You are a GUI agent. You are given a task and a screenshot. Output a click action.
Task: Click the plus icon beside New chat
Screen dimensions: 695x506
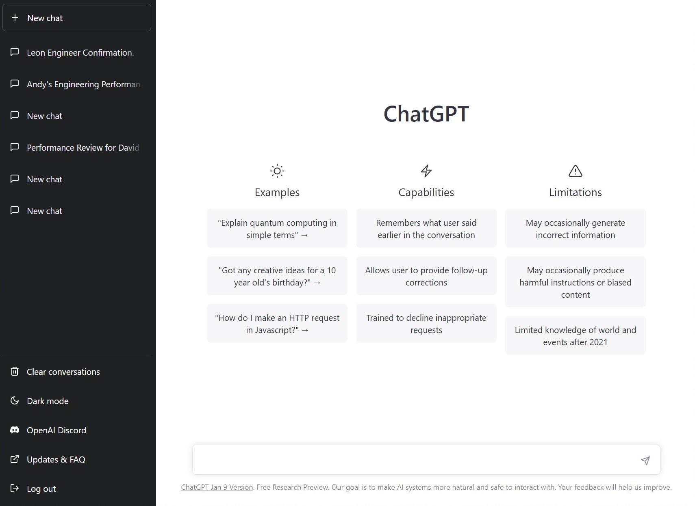(15, 17)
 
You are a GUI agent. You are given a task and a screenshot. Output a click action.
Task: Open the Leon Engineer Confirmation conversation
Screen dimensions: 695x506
(80, 53)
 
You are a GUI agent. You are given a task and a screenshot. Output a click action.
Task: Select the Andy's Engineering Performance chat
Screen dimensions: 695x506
(83, 84)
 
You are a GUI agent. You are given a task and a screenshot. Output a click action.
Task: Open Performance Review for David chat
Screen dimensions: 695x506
(83, 148)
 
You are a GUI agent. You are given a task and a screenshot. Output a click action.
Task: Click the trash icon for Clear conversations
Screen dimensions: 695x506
(15, 372)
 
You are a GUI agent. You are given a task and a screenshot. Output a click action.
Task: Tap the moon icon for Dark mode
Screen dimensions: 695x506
(15, 401)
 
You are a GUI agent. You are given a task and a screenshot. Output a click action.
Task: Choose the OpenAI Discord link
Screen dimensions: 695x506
(56, 430)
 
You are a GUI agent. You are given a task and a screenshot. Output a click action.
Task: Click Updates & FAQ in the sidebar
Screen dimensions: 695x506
(56, 459)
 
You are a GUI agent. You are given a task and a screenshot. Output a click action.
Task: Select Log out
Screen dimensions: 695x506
(41, 489)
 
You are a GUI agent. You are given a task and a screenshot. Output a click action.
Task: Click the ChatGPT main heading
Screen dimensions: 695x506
(426, 114)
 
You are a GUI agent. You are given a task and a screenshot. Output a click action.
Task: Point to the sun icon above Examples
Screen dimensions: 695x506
(277, 171)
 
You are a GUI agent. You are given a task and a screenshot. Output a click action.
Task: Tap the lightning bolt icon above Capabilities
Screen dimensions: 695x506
(426, 171)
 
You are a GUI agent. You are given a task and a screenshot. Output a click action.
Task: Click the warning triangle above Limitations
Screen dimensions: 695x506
(575, 171)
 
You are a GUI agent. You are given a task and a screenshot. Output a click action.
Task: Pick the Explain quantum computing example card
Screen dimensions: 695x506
(277, 229)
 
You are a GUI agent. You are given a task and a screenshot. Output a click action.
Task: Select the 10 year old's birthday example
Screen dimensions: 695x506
(277, 276)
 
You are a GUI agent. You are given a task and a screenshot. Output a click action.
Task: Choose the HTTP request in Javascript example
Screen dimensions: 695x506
(277, 324)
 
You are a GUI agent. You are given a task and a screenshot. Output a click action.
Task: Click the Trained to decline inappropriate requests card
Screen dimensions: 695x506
(426, 324)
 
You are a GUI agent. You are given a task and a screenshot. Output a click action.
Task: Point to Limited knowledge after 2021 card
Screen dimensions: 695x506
(575, 336)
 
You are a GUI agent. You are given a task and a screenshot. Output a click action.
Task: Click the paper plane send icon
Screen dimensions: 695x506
(645, 460)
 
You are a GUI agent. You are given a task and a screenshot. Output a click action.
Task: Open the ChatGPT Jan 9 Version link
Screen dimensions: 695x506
(217, 487)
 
